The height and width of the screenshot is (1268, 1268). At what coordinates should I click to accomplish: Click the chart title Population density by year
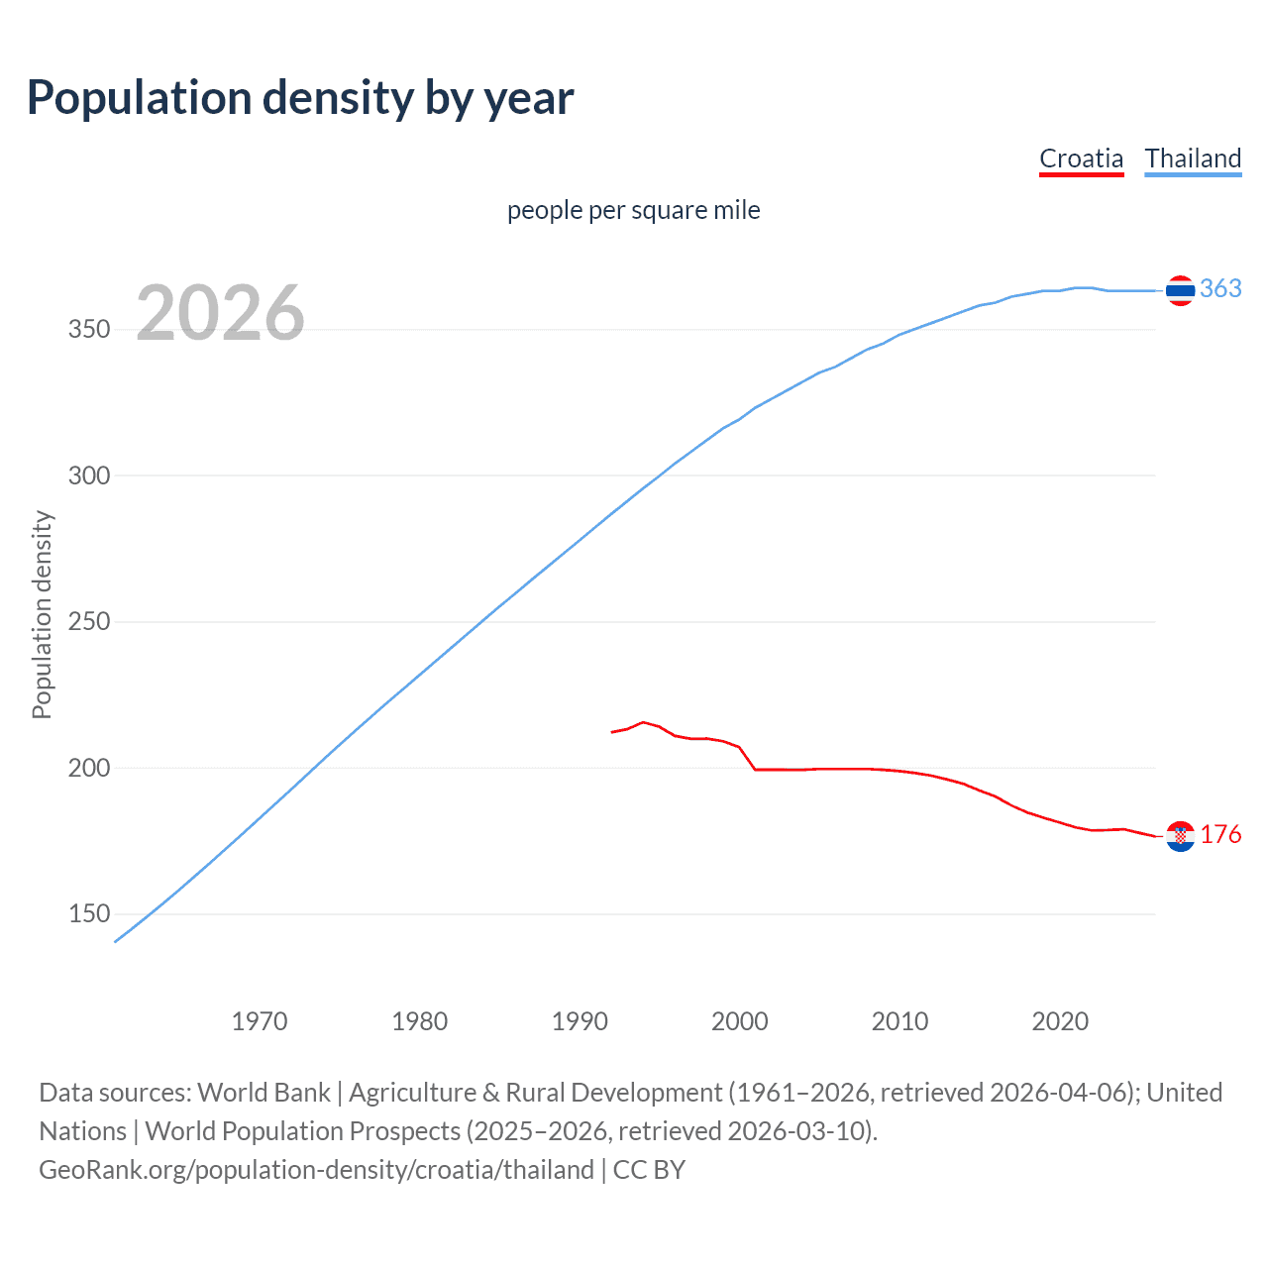point(300,98)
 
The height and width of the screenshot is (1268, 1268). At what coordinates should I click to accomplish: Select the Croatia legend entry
point(1081,158)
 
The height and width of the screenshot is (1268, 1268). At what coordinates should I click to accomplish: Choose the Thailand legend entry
point(1193,158)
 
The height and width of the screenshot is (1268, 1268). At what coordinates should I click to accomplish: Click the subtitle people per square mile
point(633,210)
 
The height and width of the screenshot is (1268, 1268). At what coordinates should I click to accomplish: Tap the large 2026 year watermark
point(220,313)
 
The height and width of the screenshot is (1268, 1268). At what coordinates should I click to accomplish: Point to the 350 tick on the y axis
point(89,330)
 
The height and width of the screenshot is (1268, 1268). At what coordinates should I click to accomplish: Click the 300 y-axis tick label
point(89,475)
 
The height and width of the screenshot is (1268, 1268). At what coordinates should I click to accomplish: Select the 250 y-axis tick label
point(89,622)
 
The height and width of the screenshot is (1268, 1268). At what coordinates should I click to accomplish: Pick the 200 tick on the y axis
point(89,768)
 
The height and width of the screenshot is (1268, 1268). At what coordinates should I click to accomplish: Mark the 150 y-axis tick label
point(89,914)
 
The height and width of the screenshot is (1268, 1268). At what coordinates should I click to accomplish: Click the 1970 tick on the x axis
point(260,1021)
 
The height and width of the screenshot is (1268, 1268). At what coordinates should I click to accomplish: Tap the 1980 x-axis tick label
point(420,1021)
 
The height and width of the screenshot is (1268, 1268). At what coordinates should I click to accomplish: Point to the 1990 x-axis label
point(580,1021)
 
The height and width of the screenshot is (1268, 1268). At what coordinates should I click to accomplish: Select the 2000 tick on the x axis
point(740,1021)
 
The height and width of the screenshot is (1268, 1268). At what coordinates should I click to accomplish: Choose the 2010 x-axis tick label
point(899,1021)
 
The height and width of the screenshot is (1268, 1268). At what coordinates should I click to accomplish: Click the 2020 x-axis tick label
point(1060,1021)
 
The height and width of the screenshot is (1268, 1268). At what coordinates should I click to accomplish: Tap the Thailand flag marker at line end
point(1180,290)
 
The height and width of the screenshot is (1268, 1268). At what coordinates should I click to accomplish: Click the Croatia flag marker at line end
point(1180,836)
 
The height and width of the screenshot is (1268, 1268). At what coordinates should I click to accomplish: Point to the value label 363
point(1220,288)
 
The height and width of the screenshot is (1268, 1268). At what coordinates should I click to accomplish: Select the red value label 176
point(1220,835)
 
